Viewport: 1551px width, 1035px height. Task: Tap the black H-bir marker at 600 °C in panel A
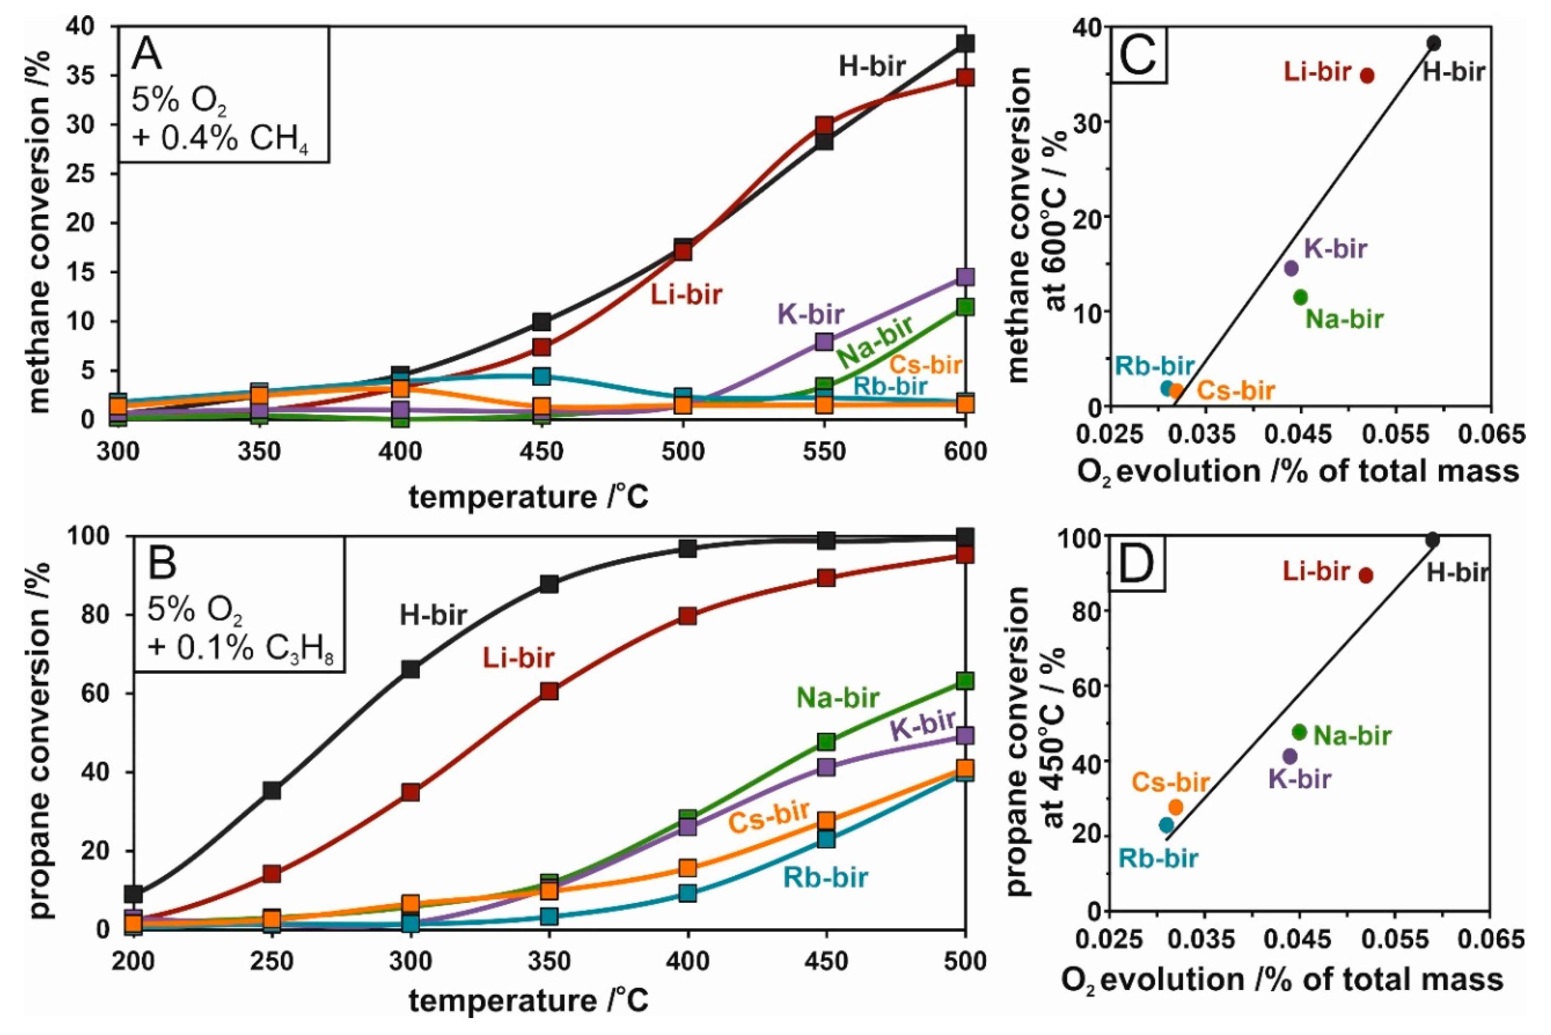pos(965,44)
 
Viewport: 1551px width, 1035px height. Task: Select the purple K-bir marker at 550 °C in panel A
pos(824,341)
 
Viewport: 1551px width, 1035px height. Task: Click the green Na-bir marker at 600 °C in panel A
pos(965,306)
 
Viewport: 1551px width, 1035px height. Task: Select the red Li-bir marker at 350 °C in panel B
pos(549,691)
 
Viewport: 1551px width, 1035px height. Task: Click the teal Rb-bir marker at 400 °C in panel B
pos(687,893)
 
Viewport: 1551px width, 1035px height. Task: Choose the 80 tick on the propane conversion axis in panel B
pos(92,614)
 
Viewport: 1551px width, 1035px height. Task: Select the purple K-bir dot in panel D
pos(1290,756)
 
